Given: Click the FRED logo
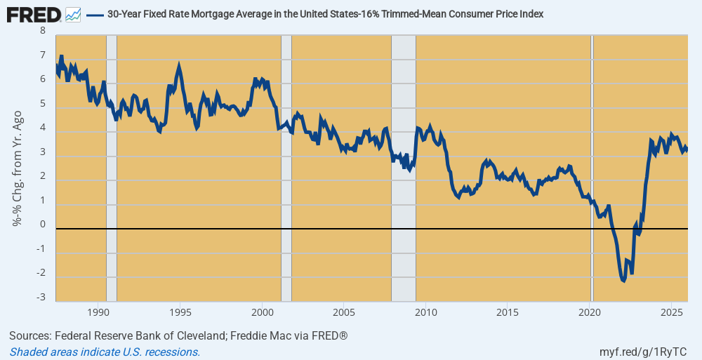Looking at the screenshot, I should coord(33,13).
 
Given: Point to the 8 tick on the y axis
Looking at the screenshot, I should coord(43,31).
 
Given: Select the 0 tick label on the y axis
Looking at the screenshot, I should coord(43,225).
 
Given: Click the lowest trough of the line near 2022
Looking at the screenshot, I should coord(623,281).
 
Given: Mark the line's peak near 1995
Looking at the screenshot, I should coord(180,66).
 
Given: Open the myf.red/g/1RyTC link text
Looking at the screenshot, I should coord(643,352).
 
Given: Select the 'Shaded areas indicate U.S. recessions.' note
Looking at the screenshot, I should coord(105,352).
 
